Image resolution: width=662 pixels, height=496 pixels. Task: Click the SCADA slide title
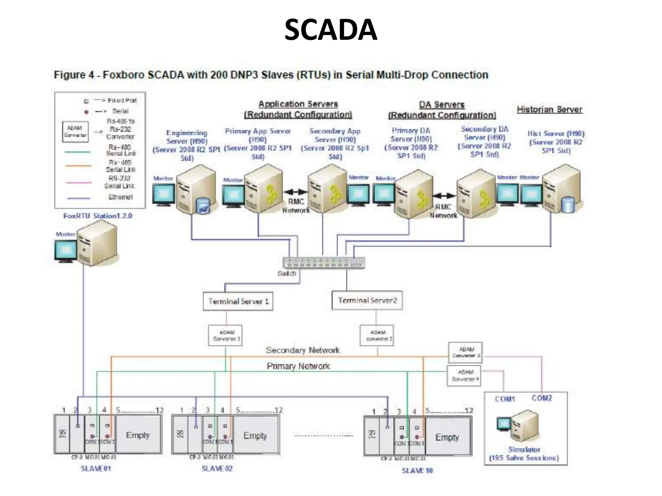(331, 30)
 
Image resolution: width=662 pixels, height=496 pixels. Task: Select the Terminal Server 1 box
(238, 301)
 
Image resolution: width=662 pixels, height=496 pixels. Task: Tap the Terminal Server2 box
(367, 300)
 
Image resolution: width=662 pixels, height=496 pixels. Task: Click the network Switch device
(324, 263)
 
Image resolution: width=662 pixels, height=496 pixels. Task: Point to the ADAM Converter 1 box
(225, 336)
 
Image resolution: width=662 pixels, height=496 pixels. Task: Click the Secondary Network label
(303, 350)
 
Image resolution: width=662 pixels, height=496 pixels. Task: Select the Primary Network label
(298, 366)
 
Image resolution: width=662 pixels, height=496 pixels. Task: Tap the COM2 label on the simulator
(542, 398)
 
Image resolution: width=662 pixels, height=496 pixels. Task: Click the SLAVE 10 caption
(417, 470)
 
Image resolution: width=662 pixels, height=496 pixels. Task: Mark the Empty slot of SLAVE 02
(255, 436)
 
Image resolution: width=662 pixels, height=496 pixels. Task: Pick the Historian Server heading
(550, 109)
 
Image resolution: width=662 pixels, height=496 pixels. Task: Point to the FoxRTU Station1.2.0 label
(98, 216)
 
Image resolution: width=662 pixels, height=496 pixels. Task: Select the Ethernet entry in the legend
(120, 197)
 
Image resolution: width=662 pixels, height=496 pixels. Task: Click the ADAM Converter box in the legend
(75, 131)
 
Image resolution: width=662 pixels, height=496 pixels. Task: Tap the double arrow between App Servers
(295, 192)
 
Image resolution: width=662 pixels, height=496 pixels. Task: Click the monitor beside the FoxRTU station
(66, 251)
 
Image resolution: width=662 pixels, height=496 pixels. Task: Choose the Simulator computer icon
(524, 425)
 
